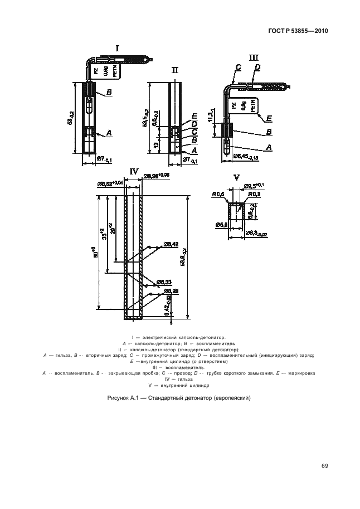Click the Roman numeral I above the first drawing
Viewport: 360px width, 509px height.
(118, 49)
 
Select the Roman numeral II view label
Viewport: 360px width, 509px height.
(175, 70)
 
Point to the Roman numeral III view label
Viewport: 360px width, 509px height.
(254, 57)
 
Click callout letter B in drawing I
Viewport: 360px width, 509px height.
(109, 91)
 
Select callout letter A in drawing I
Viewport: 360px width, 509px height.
(109, 133)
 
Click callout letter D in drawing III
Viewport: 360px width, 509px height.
(257, 67)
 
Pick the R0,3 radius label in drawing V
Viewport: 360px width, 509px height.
(256, 193)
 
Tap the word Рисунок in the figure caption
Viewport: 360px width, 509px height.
(118, 398)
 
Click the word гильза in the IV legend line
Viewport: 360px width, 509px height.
(187, 379)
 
